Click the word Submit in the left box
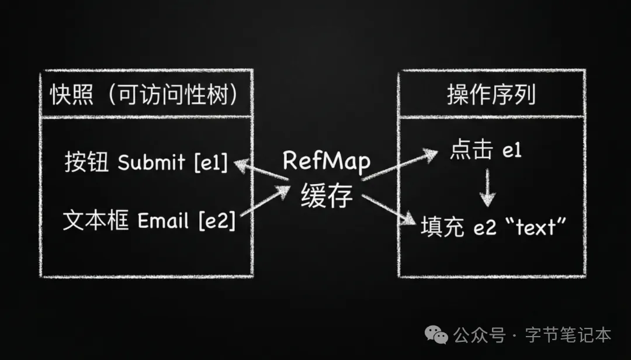[x=150, y=163]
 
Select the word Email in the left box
[x=163, y=221]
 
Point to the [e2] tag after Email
[x=217, y=221]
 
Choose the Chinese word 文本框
[x=96, y=221]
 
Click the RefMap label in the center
[x=327, y=161]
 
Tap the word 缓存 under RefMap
[x=327, y=196]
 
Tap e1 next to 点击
[x=512, y=151]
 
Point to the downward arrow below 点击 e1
[x=487, y=188]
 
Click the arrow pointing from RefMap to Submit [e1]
[x=261, y=170]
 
